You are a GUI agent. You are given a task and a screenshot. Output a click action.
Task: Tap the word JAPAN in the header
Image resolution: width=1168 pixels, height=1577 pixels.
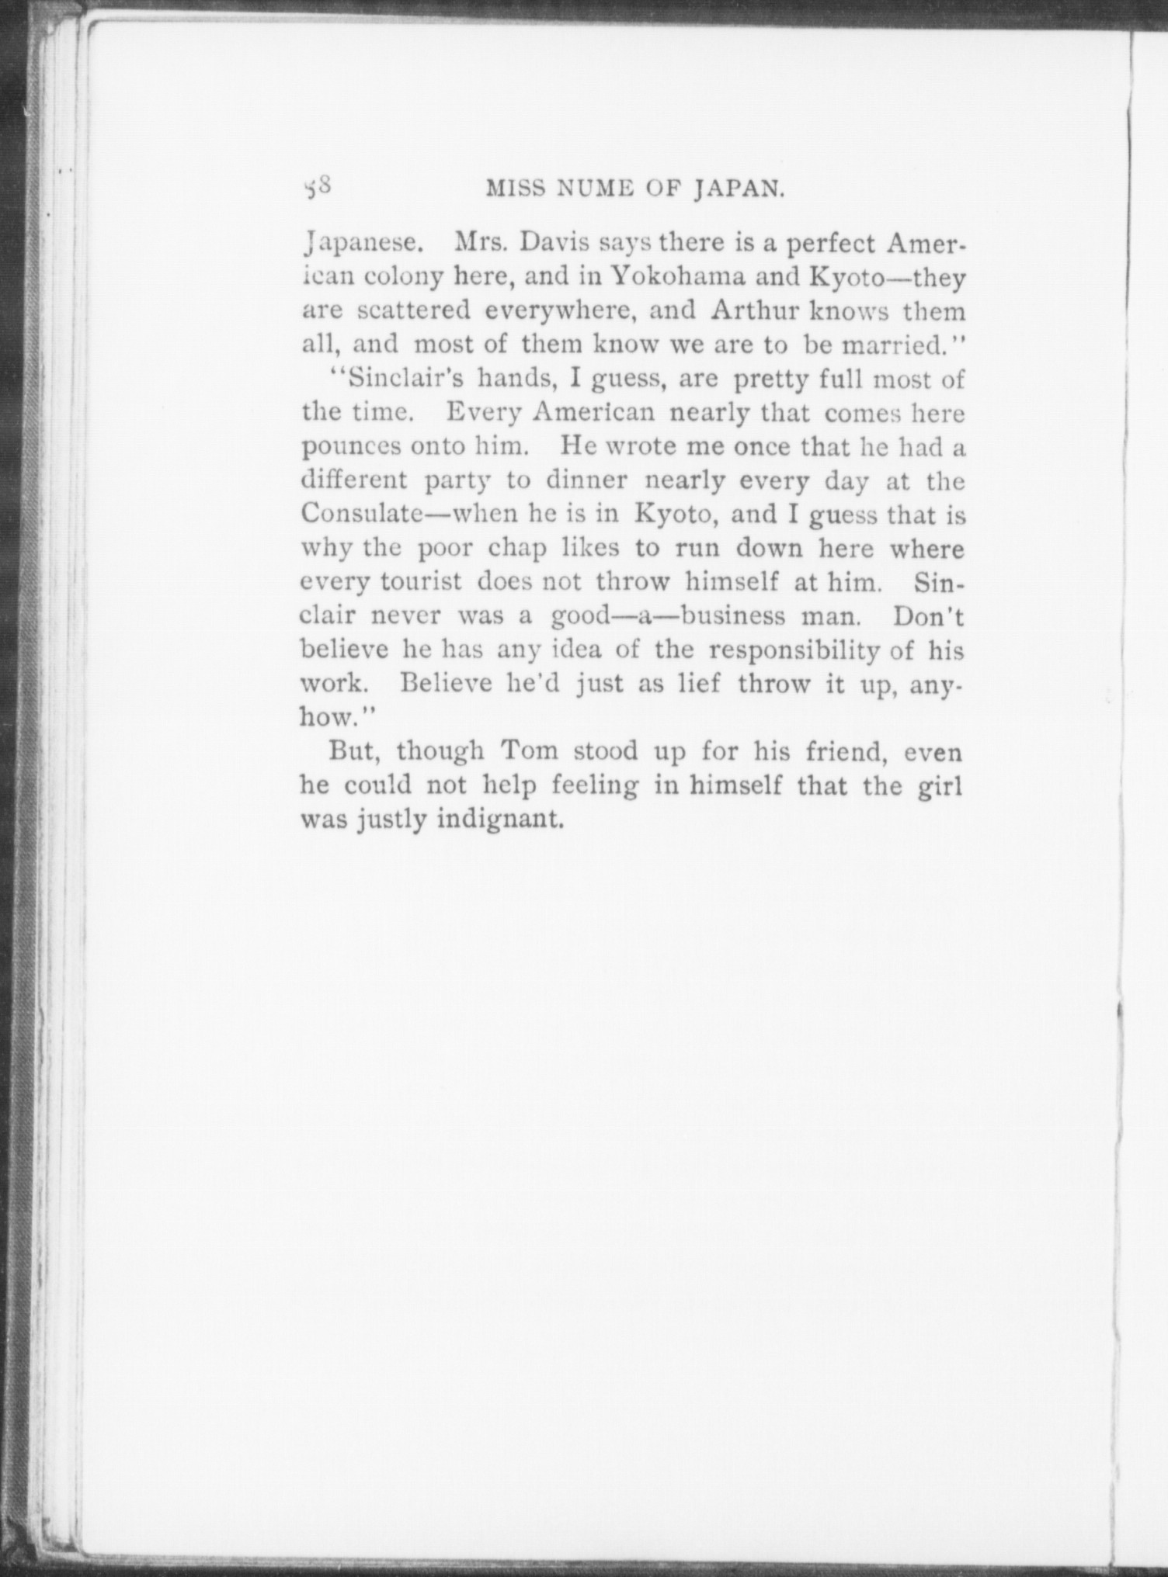[x=734, y=190]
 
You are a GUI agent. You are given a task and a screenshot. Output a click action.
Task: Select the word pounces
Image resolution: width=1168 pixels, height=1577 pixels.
[x=351, y=448]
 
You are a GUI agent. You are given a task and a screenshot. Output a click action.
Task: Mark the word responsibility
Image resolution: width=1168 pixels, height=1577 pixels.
[x=794, y=650]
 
